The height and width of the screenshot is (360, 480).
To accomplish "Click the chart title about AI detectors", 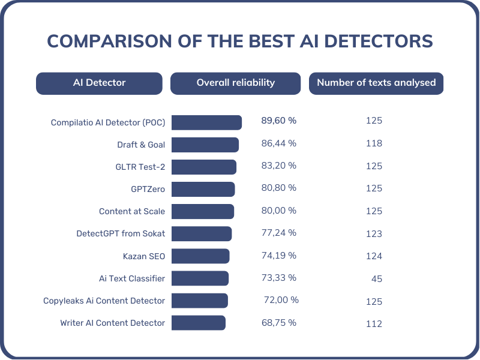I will point(240,41).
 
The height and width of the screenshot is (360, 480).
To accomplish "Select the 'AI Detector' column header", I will point(99,83).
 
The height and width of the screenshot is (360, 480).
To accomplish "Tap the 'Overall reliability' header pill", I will point(235,83).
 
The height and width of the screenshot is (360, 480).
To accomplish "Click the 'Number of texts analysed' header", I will point(376,83).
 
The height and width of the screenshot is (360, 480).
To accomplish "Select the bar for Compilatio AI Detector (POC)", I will point(206,122).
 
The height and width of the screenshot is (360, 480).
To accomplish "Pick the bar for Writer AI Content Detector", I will point(198,323).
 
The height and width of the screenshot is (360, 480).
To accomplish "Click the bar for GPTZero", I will point(203,189).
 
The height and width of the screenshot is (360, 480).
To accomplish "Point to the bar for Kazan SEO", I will point(200,256).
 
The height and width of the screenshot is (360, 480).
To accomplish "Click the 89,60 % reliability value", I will point(278,121).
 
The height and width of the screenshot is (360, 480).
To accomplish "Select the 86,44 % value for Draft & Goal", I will point(278,143).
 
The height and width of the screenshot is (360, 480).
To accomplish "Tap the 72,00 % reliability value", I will point(281,299).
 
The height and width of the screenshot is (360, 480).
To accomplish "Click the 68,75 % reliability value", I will point(278,322).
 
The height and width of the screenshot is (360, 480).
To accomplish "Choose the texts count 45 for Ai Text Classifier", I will point(376,279).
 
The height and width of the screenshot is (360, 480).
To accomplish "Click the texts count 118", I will point(374,143).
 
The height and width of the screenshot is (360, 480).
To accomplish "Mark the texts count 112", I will point(374,324).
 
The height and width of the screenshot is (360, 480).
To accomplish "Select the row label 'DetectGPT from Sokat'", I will point(121,233).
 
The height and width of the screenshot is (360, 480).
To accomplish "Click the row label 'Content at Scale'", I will point(132,211).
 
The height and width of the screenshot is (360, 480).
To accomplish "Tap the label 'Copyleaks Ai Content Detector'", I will point(104,301).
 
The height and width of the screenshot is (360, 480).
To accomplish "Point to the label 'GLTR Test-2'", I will point(139,166).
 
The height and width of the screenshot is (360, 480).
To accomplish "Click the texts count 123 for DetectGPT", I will point(374,234).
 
